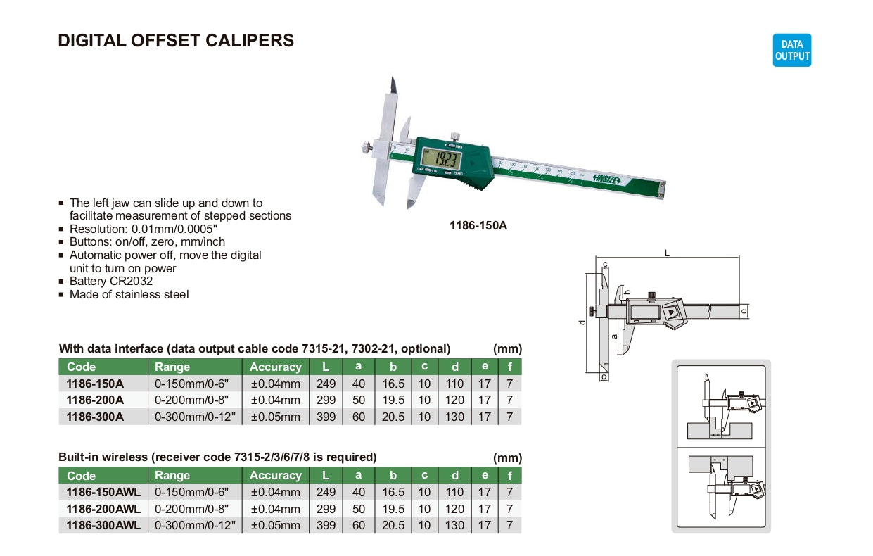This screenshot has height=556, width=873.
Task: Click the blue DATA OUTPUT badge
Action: [791, 50]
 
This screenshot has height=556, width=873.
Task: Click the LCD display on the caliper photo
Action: [441, 158]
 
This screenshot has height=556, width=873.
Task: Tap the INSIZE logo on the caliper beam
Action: [606, 179]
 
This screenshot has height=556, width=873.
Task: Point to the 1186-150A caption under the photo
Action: [478, 225]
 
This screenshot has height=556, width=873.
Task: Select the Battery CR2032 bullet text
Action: [111, 281]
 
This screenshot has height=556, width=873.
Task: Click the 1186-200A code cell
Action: [95, 400]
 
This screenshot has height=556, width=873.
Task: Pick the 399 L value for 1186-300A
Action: [326, 417]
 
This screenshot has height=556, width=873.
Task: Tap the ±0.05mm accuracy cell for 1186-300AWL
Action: [276, 525]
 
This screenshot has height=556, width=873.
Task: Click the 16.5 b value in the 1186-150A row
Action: [393, 384]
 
